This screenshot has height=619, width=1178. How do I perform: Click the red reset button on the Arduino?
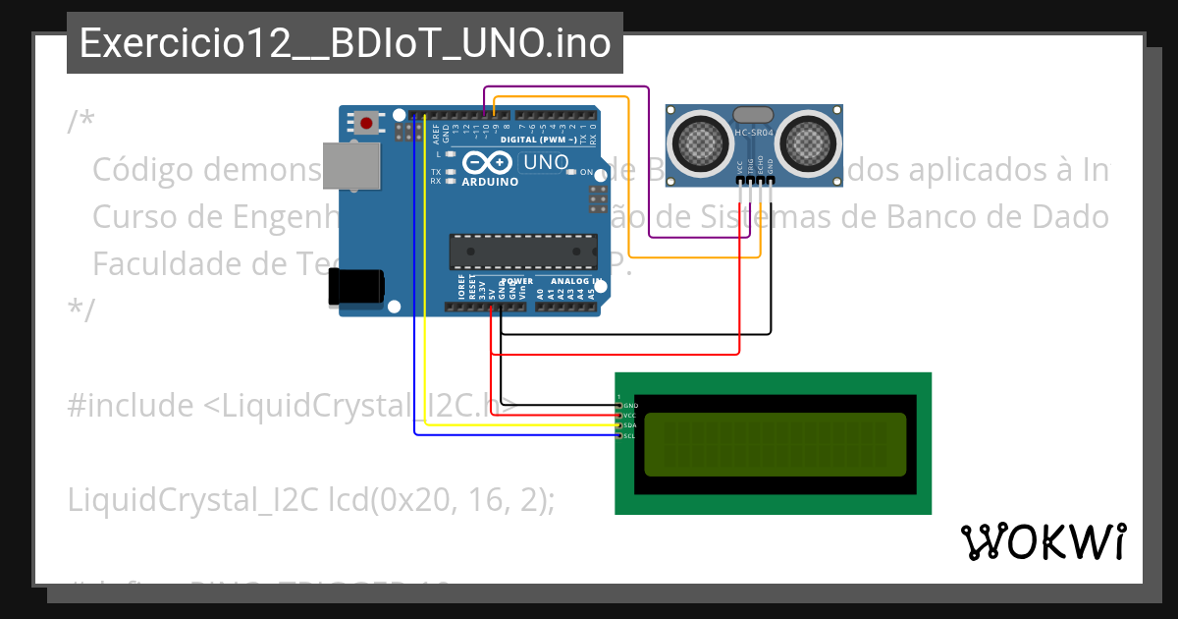(367, 123)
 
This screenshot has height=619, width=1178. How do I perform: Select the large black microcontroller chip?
(522, 252)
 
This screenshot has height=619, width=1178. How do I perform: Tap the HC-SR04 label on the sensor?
(754, 132)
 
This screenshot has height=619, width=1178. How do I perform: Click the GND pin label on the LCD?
(630, 405)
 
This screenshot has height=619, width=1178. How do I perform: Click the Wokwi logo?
(1043, 541)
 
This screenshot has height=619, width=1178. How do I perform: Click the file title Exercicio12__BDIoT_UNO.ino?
(345, 44)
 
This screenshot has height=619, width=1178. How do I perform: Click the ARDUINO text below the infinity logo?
(490, 182)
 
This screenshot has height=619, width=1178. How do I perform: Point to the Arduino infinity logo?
(489, 163)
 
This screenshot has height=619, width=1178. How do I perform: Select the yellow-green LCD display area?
(776, 444)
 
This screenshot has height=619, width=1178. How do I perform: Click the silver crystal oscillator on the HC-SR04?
(753, 115)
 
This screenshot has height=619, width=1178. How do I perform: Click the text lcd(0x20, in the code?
(389, 500)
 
